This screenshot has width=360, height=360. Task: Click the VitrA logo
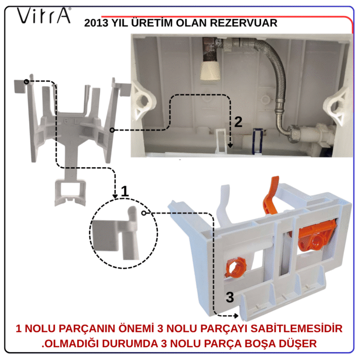coord(44,15)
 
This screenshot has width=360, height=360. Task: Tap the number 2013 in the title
coord(96,23)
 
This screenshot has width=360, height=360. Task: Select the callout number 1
coord(124,191)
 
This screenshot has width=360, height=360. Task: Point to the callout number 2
coord(238,122)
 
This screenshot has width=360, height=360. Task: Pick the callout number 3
coord(230,297)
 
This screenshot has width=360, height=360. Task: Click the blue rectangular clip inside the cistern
coord(257,141)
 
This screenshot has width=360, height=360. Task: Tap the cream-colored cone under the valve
coord(210,71)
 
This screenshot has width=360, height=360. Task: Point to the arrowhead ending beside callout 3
coord(236,316)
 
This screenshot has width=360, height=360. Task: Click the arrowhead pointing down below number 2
coord(230,146)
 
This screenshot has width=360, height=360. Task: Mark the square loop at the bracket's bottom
coord(70,192)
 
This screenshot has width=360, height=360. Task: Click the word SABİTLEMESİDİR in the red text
coord(296,329)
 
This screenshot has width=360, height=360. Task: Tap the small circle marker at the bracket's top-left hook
coord(27,82)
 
